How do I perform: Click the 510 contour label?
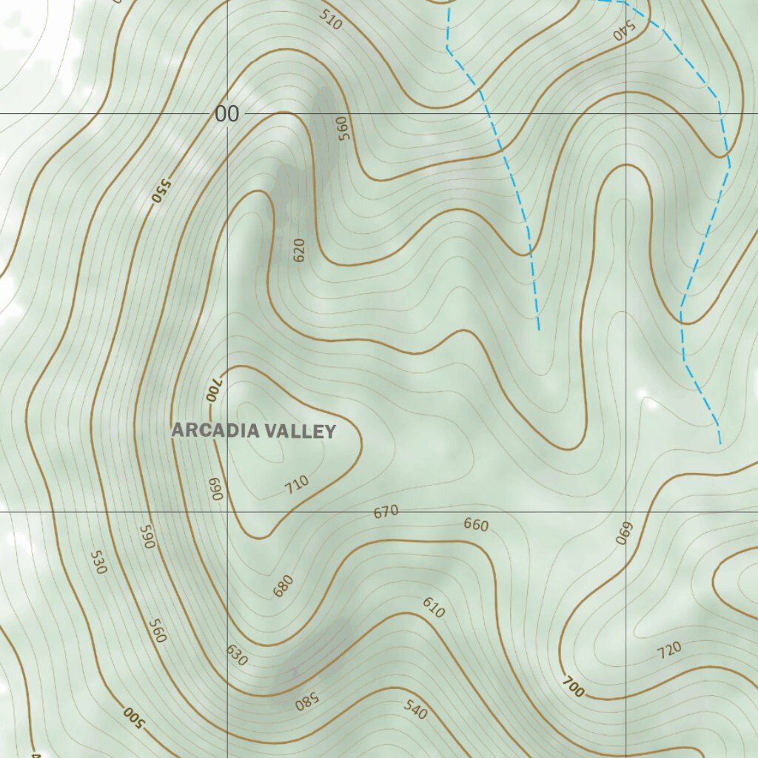click(x=331, y=19)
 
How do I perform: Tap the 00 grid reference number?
click(x=227, y=114)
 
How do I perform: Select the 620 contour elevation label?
click(x=299, y=251)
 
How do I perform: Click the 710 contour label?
click(x=297, y=485)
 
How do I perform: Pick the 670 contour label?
click(x=386, y=511)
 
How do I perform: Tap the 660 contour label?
click(x=476, y=525)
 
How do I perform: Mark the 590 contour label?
click(x=146, y=537)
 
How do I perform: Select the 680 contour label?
click(x=283, y=586)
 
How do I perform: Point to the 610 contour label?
click(x=434, y=608)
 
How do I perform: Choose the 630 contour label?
click(x=237, y=654)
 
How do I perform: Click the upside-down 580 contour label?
click(x=306, y=700)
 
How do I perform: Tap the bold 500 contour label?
click(x=132, y=715)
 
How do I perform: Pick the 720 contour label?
click(x=668, y=651)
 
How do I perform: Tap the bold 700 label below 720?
click(x=573, y=687)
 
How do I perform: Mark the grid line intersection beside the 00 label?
click(x=227, y=113)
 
